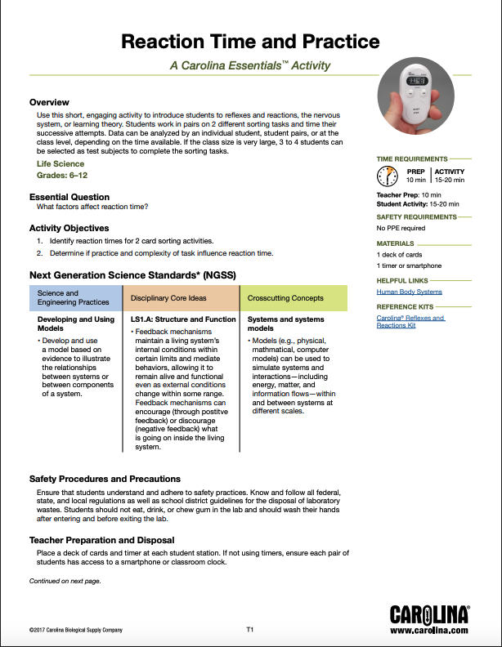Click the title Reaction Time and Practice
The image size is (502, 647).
point(250,42)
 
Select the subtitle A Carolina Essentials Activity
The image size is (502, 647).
point(250,65)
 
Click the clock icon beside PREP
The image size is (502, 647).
point(387,176)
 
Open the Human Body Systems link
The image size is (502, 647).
point(409,292)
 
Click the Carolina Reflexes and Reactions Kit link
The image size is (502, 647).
point(410,321)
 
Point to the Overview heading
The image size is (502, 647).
point(50,102)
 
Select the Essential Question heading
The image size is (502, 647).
point(69,197)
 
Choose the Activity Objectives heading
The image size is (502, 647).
point(69,228)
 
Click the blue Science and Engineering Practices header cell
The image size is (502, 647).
point(75,297)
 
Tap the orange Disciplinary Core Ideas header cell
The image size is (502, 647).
point(180,298)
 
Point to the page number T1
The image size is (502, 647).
point(251,630)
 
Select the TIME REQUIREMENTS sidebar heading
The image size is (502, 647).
point(412,158)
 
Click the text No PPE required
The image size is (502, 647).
point(401,229)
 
